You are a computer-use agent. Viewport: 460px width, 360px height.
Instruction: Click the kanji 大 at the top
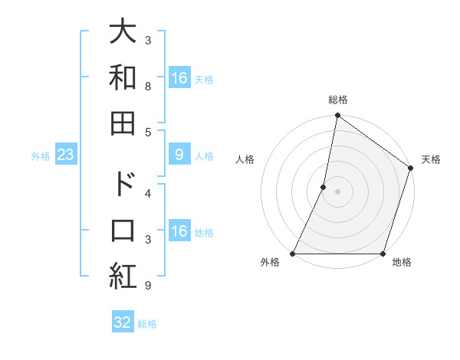point(123,31)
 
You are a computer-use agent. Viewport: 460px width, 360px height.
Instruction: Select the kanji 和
point(123,77)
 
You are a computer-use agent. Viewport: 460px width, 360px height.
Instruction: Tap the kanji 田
point(123,123)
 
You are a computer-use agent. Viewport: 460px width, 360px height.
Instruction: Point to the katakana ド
point(123,185)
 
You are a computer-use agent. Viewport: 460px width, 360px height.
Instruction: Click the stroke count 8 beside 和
point(147,87)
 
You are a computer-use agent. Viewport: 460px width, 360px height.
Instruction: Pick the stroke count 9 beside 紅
point(147,286)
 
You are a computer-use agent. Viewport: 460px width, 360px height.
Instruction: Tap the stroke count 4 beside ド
point(147,194)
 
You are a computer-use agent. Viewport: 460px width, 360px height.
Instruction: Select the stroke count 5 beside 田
point(147,133)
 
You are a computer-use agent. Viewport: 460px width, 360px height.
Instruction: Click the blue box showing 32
point(123,322)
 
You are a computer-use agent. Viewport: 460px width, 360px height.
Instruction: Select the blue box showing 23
point(66,155)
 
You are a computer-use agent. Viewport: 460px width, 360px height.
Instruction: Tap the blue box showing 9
point(179,155)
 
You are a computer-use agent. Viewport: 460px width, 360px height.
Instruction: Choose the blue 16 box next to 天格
point(179,77)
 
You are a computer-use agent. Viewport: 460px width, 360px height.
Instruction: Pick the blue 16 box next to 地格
point(179,231)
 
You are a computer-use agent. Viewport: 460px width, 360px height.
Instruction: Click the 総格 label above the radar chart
point(338,100)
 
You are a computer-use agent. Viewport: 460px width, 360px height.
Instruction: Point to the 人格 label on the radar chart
point(245,159)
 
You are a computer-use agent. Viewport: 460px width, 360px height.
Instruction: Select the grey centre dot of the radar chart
point(337,191)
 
